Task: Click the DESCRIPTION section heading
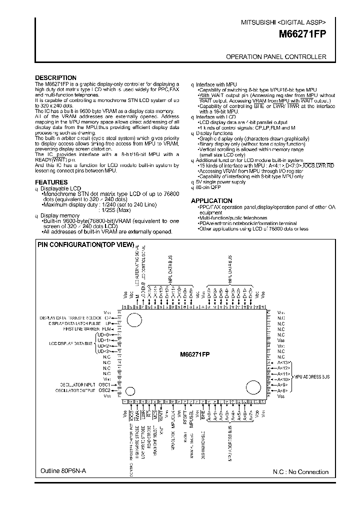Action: [x=55, y=78]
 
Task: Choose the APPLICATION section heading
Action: [x=212, y=201]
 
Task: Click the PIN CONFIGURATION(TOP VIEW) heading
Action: [x=86, y=245]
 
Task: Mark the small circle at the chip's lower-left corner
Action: [x=130, y=390]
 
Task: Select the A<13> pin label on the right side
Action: [x=283, y=362]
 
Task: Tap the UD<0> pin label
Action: [x=103, y=334]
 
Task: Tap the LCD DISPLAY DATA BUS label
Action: [x=71, y=343]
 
